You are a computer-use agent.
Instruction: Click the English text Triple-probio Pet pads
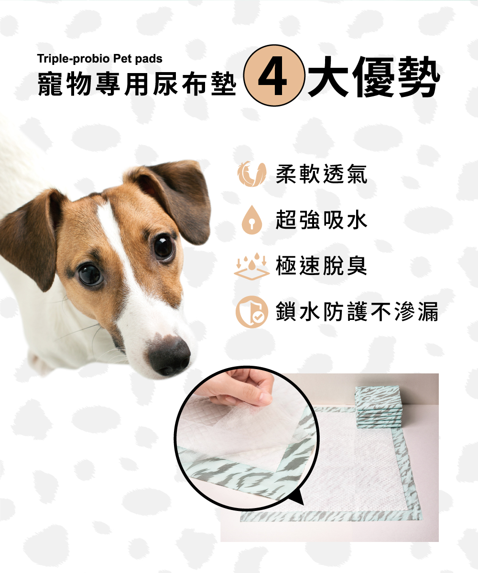(x=100, y=59)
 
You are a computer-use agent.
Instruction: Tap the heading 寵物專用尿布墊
(x=137, y=84)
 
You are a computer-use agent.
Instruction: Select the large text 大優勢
(x=374, y=76)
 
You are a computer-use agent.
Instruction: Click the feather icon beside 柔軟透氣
(x=251, y=174)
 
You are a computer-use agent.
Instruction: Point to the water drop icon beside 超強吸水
(x=252, y=220)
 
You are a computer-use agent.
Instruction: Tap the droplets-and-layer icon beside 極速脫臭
(x=251, y=266)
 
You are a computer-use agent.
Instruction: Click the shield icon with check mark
(x=251, y=312)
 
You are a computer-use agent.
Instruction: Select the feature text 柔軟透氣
(x=321, y=174)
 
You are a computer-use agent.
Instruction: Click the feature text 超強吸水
(x=321, y=220)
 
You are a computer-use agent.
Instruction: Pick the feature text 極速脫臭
(x=321, y=265)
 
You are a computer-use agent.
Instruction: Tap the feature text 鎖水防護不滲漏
(x=357, y=311)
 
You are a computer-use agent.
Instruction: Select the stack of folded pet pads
(x=378, y=407)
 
